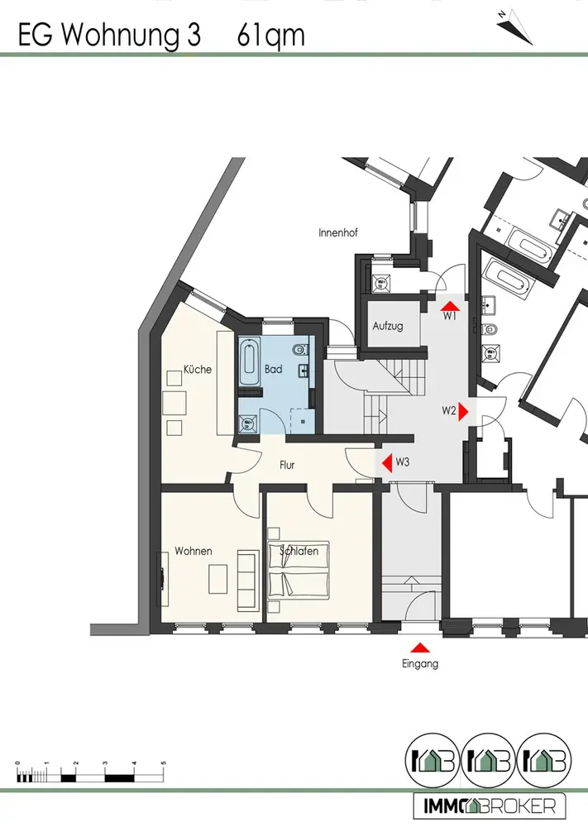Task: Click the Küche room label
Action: (198, 370)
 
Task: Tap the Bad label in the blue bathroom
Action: (274, 370)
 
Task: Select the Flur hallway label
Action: (287, 465)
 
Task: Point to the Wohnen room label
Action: (193, 551)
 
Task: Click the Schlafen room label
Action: (299, 551)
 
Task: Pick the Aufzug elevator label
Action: (387, 326)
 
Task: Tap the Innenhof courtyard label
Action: (337, 233)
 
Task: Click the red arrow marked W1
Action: (446, 304)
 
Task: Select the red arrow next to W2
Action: (465, 410)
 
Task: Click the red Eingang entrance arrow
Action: (421, 648)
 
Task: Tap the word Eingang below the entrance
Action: (421, 663)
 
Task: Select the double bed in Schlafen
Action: (298, 571)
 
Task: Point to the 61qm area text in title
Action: (270, 36)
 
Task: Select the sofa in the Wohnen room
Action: (247, 572)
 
